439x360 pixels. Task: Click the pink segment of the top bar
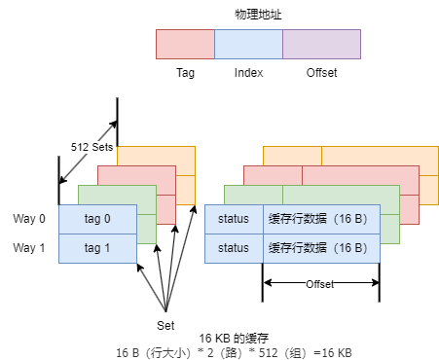[185, 45]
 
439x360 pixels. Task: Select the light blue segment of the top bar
[248, 45]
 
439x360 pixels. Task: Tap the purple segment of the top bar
[321, 45]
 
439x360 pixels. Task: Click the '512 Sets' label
[92, 148]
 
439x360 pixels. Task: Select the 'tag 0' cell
[97, 219]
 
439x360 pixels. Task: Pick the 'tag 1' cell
[97, 248]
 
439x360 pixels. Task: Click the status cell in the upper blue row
[234, 219]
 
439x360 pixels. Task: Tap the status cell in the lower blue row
[234, 248]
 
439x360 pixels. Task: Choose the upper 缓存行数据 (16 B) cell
[321, 219]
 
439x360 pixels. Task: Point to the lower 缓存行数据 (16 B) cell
[321, 248]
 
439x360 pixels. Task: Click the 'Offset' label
[319, 284]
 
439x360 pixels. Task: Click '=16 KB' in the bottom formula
[333, 352]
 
